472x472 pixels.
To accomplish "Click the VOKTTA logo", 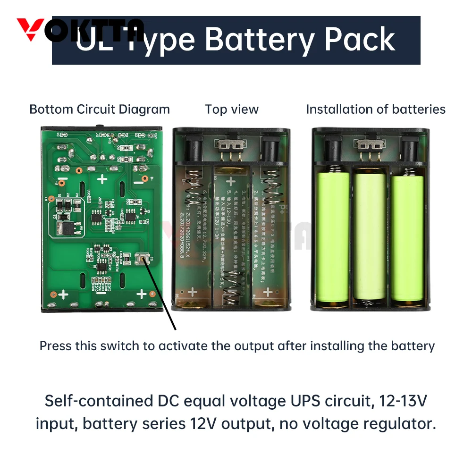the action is pos(80,30).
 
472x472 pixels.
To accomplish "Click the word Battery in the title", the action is pos(260,40).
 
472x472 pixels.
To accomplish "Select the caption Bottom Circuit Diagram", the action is pos(100,110).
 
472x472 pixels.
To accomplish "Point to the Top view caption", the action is pos(232,110).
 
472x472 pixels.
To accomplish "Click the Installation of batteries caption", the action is pos(375,110).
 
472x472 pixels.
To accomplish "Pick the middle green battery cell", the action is pos(370,238).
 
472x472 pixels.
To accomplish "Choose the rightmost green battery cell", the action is pos(407,238).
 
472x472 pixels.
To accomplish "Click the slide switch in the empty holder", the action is pos(230,143).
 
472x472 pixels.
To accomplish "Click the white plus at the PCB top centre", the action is pos(102,179).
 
